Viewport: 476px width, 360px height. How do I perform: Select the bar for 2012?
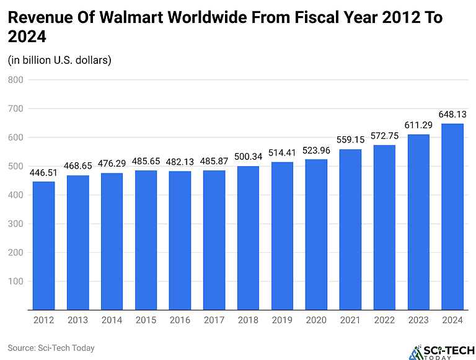43,245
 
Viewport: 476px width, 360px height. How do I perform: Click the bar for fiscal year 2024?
452,216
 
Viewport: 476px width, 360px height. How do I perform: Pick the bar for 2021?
350,229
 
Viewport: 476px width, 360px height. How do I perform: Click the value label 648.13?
452,115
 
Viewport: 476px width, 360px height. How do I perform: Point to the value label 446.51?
43,172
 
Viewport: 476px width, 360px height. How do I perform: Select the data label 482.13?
180,162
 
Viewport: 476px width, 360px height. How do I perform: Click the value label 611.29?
418,125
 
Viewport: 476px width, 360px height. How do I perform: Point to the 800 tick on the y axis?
15,80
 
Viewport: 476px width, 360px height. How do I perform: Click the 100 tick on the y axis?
15,281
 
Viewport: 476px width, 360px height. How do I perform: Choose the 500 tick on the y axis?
15,166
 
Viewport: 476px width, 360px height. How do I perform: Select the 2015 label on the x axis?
146,320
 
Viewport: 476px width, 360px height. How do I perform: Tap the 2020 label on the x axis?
316,320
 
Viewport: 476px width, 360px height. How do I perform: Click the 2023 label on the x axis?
418,320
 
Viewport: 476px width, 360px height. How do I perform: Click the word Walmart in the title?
139,18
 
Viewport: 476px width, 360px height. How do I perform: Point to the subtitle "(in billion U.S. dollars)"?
59,60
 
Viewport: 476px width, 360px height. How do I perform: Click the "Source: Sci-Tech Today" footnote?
51,348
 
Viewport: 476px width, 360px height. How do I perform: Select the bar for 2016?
180,240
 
